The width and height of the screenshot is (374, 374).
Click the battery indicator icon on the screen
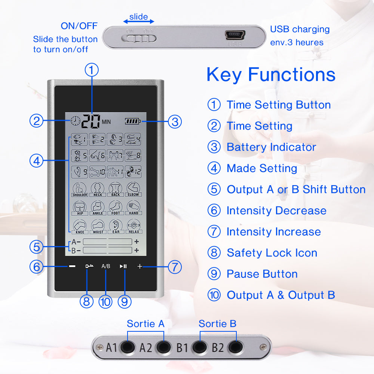click(133, 121)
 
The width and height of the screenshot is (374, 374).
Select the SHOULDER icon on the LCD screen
click(79, 189)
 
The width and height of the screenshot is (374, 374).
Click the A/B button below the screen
click(106, 267)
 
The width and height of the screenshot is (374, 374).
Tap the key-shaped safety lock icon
click(89, 266)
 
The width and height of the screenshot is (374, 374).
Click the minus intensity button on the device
click(72, 267)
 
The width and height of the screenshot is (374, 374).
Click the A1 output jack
click(127, 347)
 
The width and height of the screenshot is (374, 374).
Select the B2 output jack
click(234, 347)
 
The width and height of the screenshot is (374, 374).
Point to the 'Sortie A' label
click(145, 324)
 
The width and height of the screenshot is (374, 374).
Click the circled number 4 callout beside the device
click(36, 161)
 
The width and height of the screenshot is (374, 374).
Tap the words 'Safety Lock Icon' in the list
click(272, 253)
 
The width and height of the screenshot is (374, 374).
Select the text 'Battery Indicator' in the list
click(271, 147)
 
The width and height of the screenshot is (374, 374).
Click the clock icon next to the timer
click(75, 121)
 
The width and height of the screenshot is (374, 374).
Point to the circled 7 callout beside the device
click(175, 267)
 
